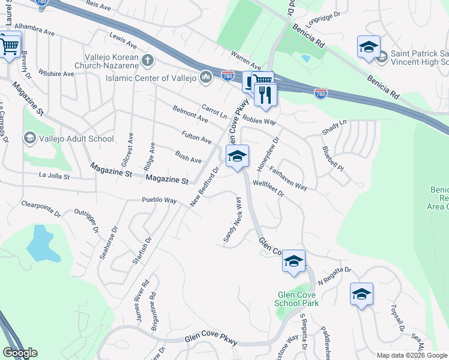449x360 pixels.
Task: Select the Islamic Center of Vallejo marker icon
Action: (x=206, y=77)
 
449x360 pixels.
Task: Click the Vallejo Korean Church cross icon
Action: (x=148, y=60)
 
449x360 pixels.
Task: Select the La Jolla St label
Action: (x=55, y=176)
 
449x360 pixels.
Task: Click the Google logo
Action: (x=20, y=352)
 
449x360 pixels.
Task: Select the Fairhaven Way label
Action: (x=288, y=178)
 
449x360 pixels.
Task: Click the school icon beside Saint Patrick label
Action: (x=369, y=47)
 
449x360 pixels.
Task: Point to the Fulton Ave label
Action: (x=196, y=136)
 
